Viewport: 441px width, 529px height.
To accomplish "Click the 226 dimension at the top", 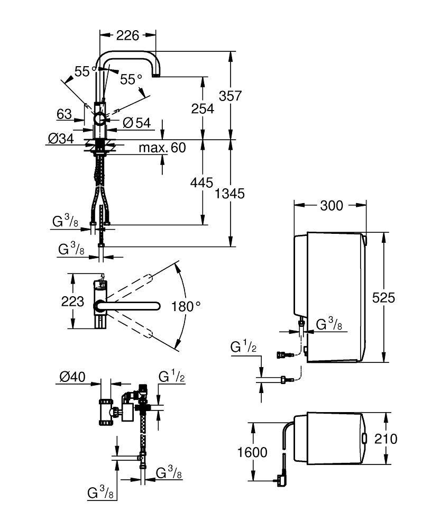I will pos(127,35).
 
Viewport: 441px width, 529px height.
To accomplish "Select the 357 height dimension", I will pos(231,96).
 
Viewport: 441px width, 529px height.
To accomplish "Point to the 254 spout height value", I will pos(203,108).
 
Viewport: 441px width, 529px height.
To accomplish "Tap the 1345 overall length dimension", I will pos(231,194).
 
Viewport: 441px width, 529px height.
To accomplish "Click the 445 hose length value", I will pos(201,183).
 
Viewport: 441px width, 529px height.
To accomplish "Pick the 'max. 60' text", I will pos(162,148).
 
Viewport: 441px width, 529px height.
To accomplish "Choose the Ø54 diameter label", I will pos(137,123).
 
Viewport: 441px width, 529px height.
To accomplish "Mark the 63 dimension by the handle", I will pos(63,114).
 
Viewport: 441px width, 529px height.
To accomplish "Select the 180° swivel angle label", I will pos(186,306).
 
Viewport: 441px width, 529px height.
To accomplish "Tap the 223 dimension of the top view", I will pos(72,302).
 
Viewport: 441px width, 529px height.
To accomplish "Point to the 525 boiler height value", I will pos(383,297).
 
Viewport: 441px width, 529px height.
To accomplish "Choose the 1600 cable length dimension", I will pos(252,453).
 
